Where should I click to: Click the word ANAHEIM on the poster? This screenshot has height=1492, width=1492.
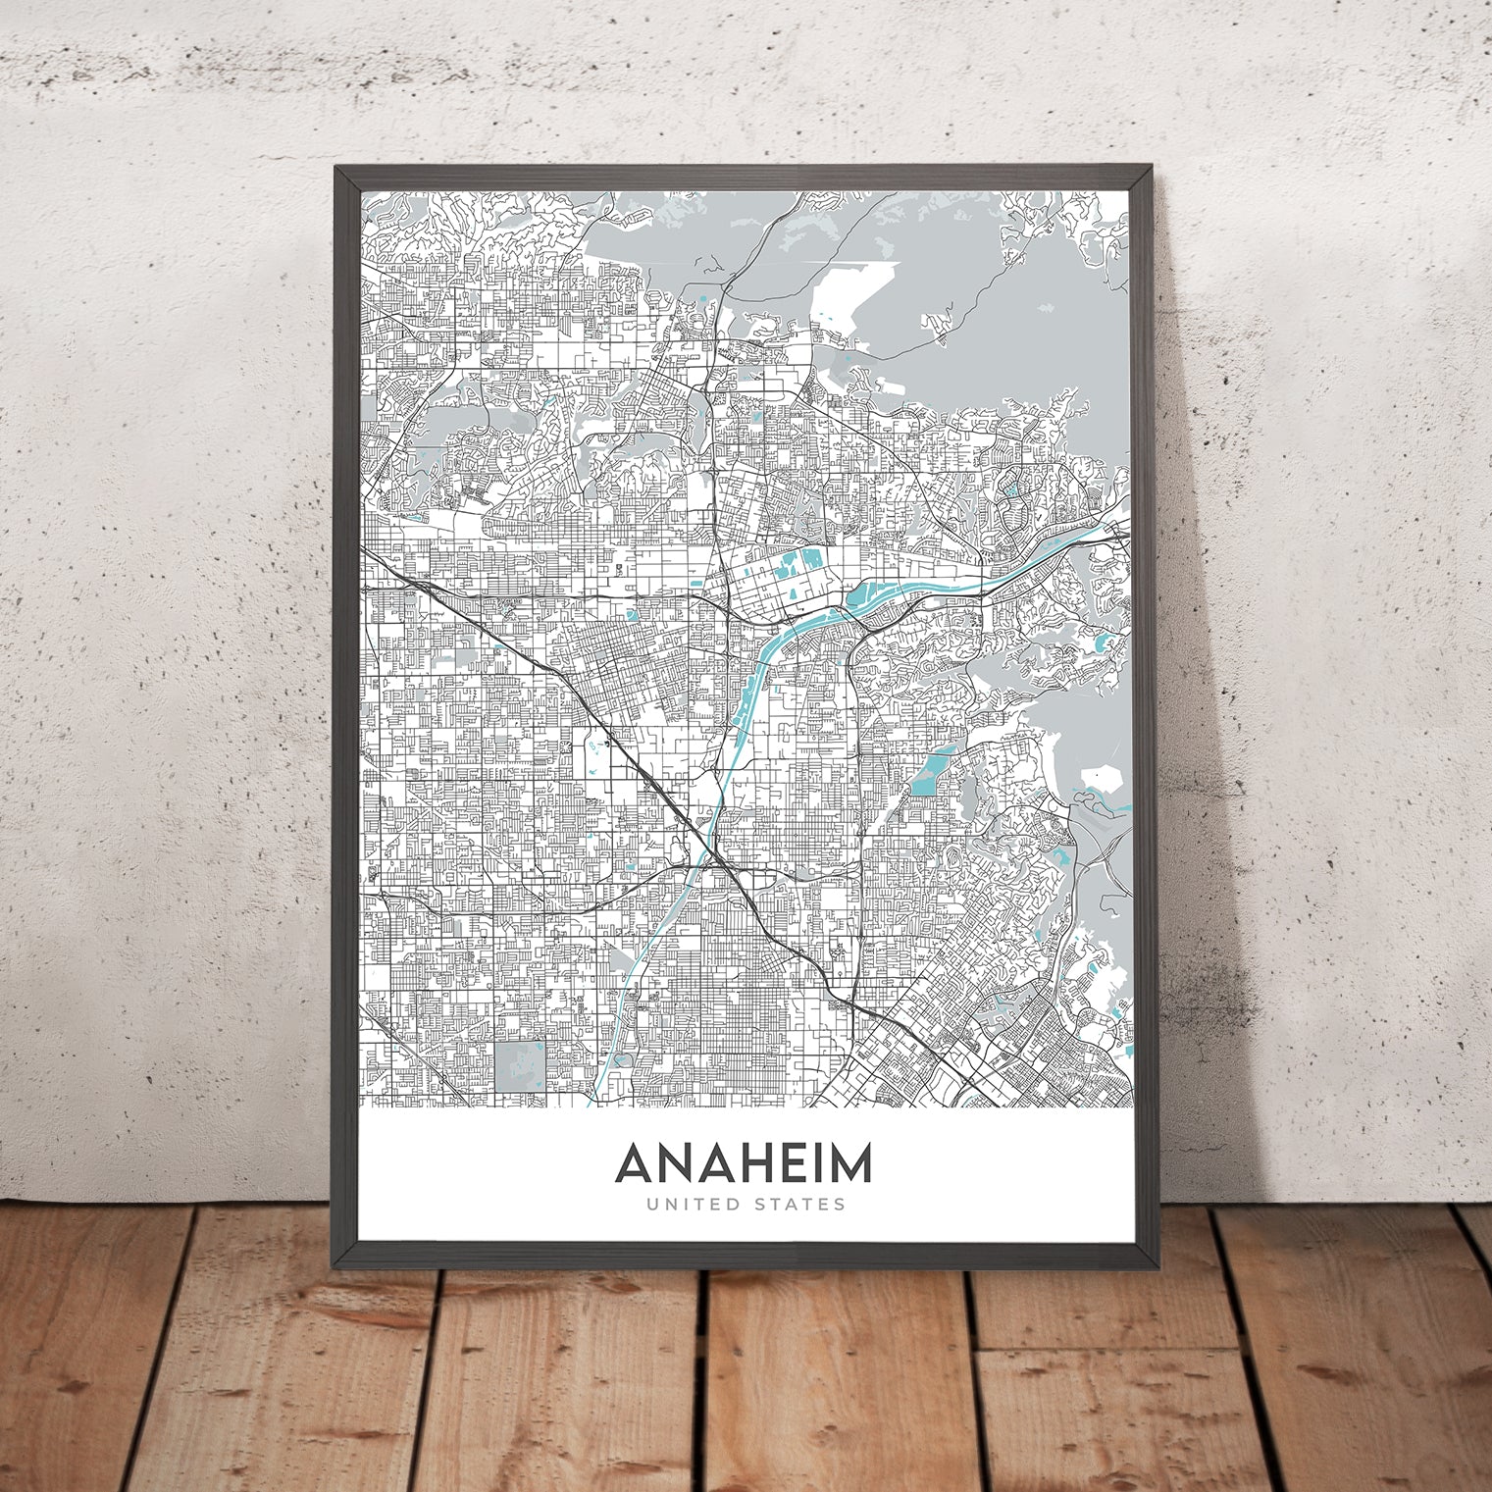pos(743,1164)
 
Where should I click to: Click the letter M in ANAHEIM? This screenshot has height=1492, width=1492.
pos(849,1164)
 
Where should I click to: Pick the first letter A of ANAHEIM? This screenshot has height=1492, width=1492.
pos(635,1164)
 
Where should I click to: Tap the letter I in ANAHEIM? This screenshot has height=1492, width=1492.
pos(819,1164)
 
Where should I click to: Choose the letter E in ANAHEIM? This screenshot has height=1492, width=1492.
pos(794,1164)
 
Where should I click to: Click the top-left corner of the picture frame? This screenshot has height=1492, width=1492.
pos(336,169)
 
